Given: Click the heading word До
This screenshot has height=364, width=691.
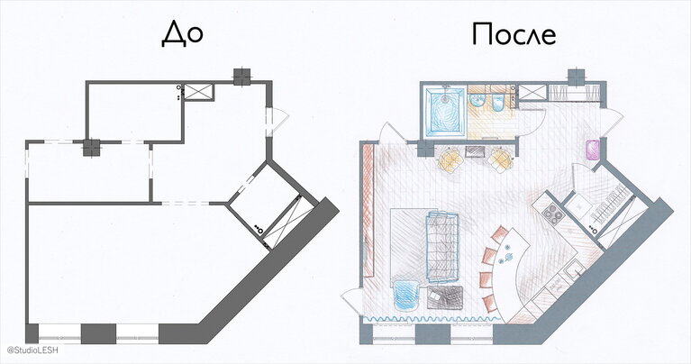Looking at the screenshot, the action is tap(182, 34).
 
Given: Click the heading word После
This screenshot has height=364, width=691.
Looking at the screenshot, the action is tap(514, 34).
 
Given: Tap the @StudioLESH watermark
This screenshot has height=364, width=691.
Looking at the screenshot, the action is tap(32, 350).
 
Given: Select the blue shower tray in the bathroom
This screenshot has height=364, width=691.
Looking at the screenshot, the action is tap(444, 111).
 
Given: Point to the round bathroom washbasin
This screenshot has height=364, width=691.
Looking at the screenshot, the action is tap(477, 101).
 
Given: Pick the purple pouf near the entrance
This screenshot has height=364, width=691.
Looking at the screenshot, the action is tap(593, 149).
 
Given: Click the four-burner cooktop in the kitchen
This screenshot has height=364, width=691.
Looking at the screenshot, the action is tap(553, 214).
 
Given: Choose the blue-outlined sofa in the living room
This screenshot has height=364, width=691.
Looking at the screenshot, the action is tap(442, 247).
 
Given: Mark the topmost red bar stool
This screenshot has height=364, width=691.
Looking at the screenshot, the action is tap(500, 233).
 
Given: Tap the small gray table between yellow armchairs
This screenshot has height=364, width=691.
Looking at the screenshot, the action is tap(475, 152).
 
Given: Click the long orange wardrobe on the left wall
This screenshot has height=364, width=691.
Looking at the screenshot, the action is tap(368, 211).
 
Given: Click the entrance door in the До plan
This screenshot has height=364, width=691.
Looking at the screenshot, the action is tap(277, 122).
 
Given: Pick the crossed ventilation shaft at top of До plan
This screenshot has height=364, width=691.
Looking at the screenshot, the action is tap(198, 92).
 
